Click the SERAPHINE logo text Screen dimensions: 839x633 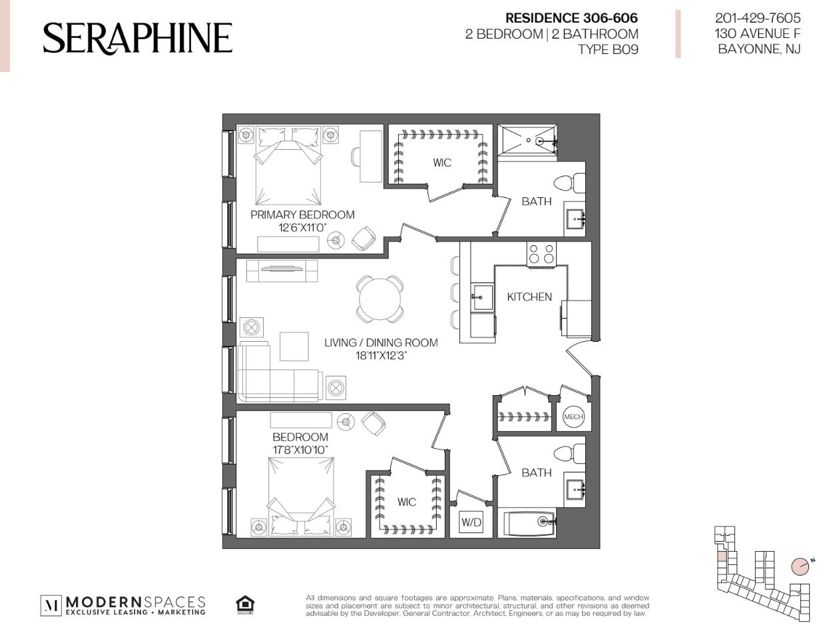pos(138,38)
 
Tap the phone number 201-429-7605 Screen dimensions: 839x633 pos(758,18)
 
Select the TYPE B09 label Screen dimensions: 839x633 pos(608,50)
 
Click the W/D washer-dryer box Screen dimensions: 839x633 pos(471,522)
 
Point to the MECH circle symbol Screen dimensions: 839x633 pos(573,416)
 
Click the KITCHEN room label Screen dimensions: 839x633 pos(529,297)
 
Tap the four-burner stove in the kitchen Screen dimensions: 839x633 pos(541,254)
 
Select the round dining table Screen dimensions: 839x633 pos(380,299)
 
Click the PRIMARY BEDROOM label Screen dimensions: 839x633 pos(302,215)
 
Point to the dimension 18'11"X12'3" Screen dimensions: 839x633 pos(381,356)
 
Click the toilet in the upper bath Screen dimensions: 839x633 pos(569,183)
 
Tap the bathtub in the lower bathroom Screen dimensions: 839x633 pos(530,522)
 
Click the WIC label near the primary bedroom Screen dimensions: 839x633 pos(442,163)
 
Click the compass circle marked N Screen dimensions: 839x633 pos(800,566)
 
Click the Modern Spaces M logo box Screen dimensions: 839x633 pos(51,606)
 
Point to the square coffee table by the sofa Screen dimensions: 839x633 pos(294,346)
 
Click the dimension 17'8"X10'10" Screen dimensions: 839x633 pos(300,450)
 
